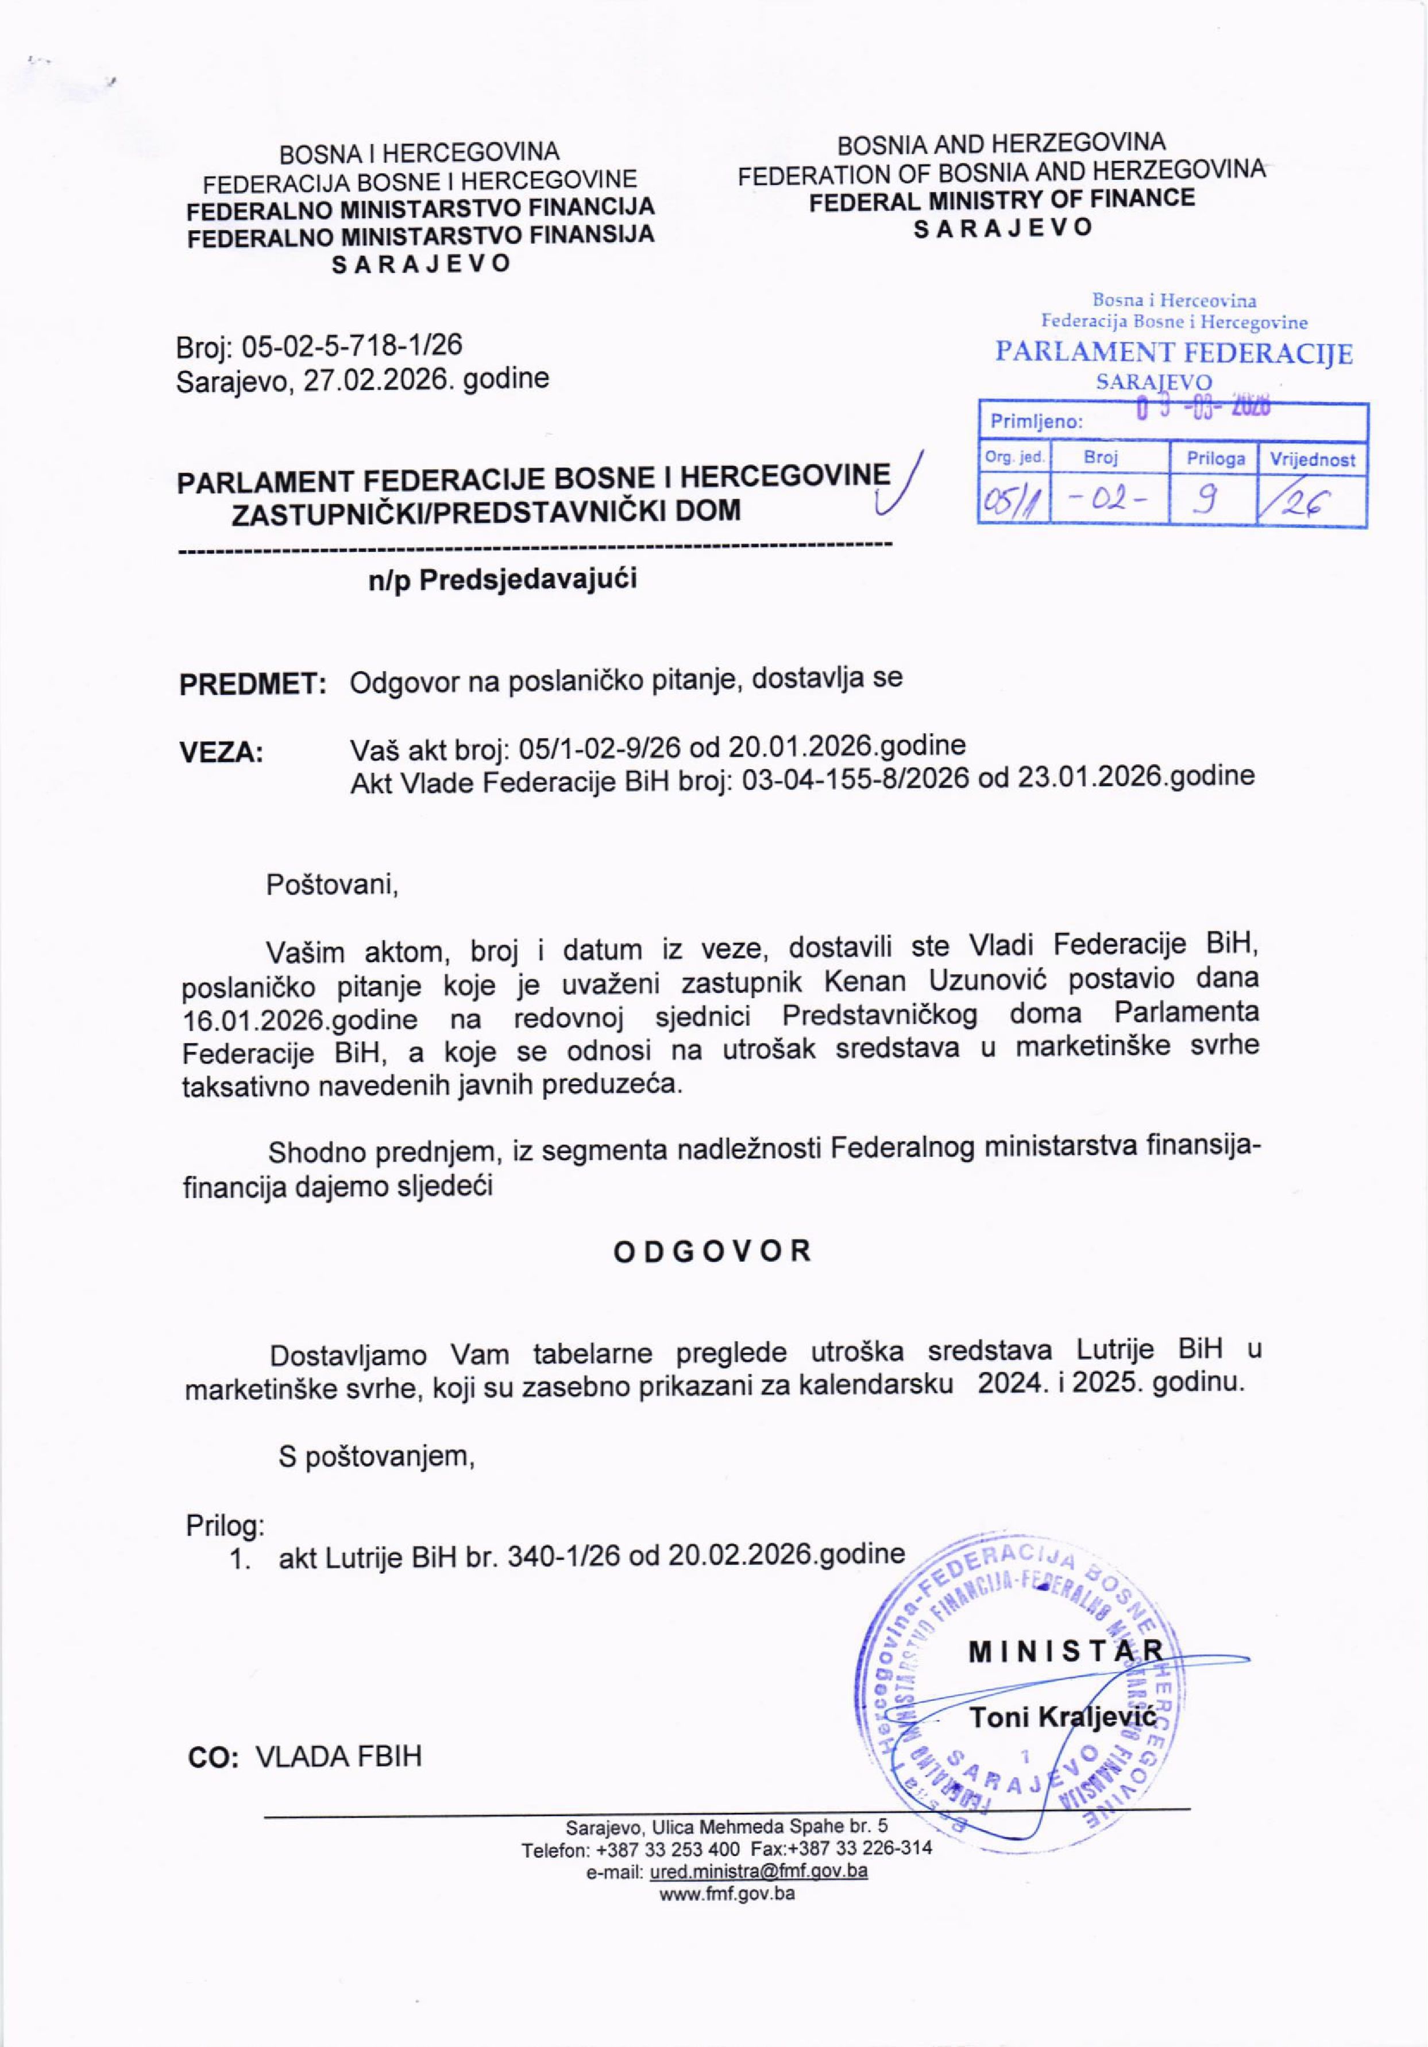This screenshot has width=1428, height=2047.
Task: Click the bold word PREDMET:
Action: point(252,684)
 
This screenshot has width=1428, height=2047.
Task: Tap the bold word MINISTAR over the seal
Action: point(1066,1651)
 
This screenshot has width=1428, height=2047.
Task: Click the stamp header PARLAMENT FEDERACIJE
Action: point(1174,354)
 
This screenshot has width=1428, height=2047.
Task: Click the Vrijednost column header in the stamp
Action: point(1312,460)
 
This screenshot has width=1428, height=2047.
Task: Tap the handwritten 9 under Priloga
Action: point(1212,503)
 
